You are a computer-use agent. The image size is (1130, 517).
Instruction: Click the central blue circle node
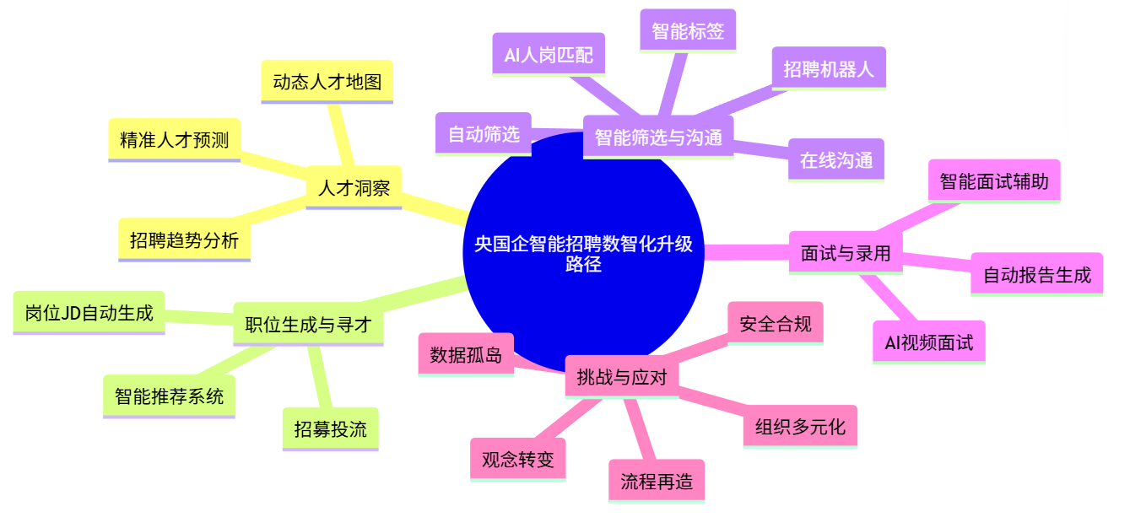[583, 253]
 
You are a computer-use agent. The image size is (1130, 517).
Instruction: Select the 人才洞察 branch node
[354, 187]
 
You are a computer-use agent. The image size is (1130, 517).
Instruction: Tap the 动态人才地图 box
[327, 82]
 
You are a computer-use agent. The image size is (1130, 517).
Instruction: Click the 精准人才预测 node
[174, 140]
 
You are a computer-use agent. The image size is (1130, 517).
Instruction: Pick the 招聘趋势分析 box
[184, 240]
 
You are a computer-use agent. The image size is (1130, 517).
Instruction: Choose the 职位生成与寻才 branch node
[308, 325]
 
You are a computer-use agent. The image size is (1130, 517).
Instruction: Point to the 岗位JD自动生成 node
[89, 313]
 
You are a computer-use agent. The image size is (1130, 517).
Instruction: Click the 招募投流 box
[331, 429]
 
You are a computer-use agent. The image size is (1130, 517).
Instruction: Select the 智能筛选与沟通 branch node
[658, 137]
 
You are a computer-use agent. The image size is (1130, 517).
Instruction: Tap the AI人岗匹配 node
[549, 55]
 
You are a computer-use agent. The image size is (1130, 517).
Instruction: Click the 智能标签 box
[688, 30]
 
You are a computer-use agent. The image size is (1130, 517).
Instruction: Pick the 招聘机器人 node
[829, 68]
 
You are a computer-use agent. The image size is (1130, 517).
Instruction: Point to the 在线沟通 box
[836, 160]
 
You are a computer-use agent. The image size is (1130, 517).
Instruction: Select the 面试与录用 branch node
[846, 253]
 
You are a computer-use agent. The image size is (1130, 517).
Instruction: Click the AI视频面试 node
[928, 342]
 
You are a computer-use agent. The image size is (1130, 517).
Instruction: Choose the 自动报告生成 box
[1036, 274]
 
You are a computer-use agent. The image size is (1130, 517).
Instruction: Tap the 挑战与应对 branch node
[621, 377]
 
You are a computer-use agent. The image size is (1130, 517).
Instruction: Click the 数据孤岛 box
[466, 354]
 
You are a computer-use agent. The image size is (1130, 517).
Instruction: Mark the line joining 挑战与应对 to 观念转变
[569, 418]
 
